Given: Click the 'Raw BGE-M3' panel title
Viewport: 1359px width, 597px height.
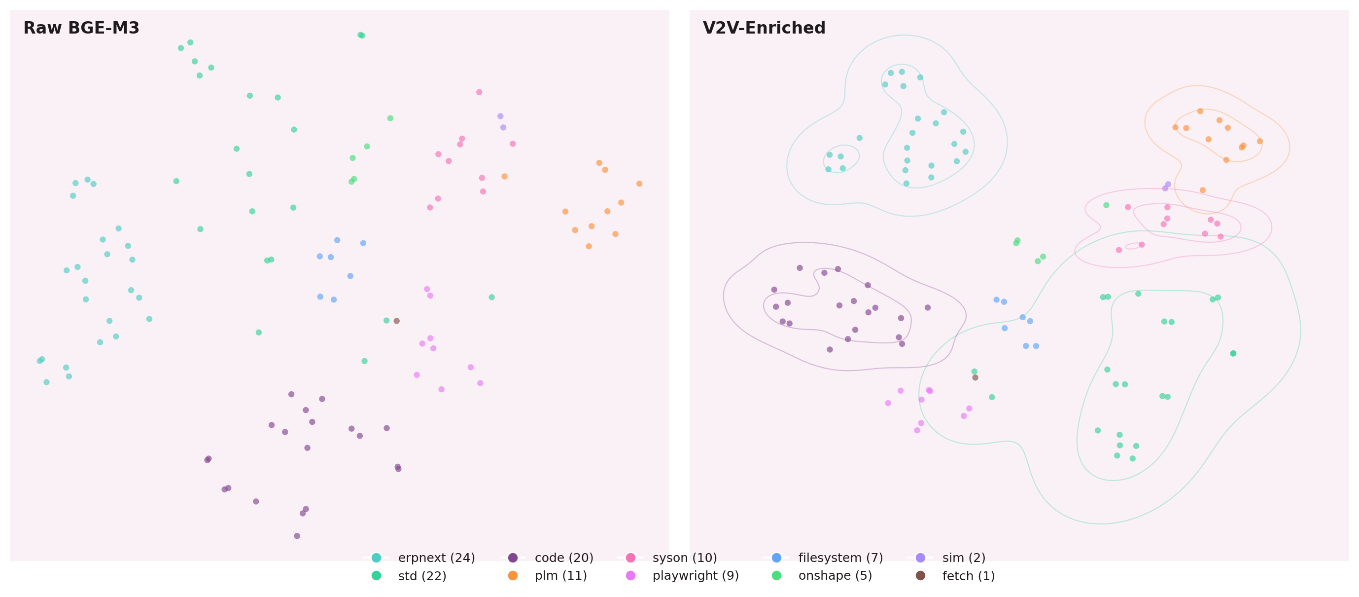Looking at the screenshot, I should coord(81,28).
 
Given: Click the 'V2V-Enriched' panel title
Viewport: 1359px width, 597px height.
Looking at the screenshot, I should coord(764,28).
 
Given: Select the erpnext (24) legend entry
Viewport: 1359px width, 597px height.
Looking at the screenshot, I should coord(436,558).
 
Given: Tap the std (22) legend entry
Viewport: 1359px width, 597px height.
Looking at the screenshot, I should coord(421,575).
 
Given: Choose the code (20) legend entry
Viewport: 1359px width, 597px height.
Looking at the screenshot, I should coord(563,558).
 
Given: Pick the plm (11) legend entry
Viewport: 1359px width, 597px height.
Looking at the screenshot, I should coord(560,575).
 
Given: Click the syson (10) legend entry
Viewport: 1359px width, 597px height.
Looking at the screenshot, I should coord(684,558).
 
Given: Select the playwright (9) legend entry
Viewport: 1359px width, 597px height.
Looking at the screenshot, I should coord(695,575).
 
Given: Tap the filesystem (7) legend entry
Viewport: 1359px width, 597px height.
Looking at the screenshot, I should coord(840,558).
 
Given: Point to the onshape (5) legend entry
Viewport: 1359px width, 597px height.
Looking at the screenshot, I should coord(835,575).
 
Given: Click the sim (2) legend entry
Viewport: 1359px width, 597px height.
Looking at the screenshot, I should coord(963,558).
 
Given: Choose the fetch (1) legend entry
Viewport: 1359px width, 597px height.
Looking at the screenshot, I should coord(968,575).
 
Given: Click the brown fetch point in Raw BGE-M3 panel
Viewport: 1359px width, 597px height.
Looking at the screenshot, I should coord(397,321).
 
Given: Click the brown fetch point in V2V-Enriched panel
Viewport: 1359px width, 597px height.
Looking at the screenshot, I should coord(975,377).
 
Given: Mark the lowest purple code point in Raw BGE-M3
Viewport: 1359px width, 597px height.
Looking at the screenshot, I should coord(297,536).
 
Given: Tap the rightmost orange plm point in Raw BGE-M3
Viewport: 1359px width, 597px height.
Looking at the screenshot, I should coord(639,184).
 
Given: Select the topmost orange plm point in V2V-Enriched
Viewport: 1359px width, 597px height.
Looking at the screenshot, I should coord(1200,112).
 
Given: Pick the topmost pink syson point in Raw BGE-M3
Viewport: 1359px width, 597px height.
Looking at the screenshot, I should coord(479,92).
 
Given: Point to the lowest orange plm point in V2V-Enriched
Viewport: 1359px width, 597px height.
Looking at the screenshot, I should coord(1202,190).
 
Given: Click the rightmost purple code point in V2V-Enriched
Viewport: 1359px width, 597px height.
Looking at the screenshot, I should coord(928,308).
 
